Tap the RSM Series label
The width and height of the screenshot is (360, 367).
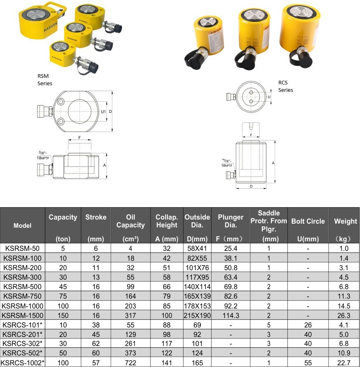pyautogui.click(x=45, y=79)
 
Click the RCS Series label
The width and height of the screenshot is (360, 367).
pyautogui.click(x=285, y=86)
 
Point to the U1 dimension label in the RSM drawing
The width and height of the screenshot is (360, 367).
pyautogui.click(x=104, y=111)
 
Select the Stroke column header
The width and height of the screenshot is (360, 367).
pyautogui.click(x=96, y=217)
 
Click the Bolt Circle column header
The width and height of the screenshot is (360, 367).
pyautogui.click(x=308, y=221)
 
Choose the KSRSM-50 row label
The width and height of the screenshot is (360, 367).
pyautogui.click(x=22, y=248)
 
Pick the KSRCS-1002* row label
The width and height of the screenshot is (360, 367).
pyautogui.click(x=23, y=362)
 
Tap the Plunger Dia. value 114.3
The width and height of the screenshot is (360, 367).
pyautogui.click(x=231, y=315)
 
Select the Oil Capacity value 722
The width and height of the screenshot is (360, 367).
pyautogui.click(x=130, y=362)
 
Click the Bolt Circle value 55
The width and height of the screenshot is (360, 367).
pyautogui.click(x=308, y=362)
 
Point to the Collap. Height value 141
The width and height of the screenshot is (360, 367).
pyautogui.click(x=167, y=362)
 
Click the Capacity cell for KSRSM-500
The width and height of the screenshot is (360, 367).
pyautogui.click(x=63, y=287)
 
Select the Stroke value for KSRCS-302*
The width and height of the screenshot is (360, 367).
pyautogui.click(x=96, y=344)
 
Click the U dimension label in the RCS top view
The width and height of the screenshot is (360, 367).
pyautogui.click(x=269, y=97)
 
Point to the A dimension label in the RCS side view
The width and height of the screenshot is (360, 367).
pyautogui.click(x=273, y=163)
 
